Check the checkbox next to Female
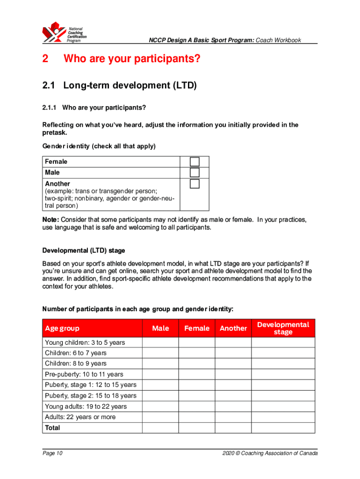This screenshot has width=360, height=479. pos(194,161)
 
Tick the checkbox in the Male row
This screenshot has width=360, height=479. pos(194,173)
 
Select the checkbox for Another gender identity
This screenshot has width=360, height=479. pos(194,184)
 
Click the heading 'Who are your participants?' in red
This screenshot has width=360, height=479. pos(132,59)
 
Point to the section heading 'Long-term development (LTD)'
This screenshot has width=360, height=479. pos(130,86)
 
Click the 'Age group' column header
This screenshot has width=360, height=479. pos(62,328)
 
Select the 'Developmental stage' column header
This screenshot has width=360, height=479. pos(283,328)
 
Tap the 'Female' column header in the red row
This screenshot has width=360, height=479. pos(197,328)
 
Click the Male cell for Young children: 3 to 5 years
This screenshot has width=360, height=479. pos(160,342)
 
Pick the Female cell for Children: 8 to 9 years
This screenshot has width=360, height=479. pos(197,363)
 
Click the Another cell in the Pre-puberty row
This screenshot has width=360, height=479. pos(233,374)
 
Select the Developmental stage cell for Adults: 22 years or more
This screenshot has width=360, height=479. pos(283,417)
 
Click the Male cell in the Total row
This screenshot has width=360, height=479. pos(160,428)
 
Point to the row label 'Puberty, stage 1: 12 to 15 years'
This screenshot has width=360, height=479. pos(91,385)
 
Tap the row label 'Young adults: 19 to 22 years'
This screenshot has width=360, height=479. pos(86,406)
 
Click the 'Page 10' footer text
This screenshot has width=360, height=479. pos(52,453)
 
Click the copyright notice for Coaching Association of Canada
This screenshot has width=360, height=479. pos(270,453)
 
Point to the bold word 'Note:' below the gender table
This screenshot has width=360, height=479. pos(51,220)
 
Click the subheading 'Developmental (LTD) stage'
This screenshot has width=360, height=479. pos(84,251)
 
